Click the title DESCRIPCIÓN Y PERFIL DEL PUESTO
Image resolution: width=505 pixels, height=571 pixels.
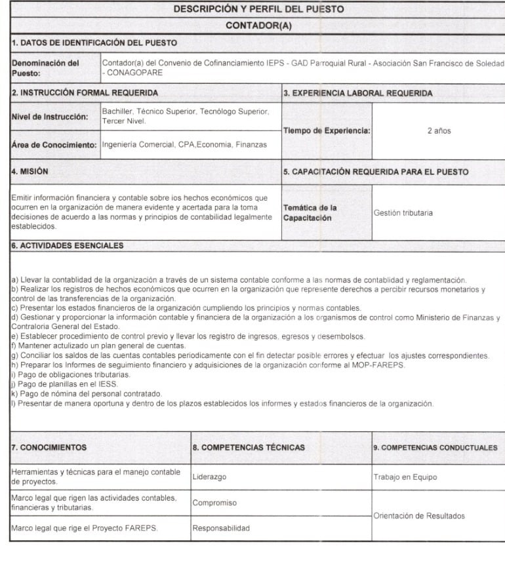tap(258, 10)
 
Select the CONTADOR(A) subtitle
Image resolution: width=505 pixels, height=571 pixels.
tap(258, 26)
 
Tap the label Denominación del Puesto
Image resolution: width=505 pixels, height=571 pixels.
tap(45, 68)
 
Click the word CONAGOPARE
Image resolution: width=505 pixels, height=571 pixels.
tap(133, 73)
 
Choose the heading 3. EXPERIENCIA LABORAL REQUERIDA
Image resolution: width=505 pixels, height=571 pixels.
tap(357, 94)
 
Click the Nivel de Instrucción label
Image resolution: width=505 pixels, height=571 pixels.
tap(51, 117)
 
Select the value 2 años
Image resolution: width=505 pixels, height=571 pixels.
tap(438, 131)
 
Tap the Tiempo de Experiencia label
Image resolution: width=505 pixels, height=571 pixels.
tap(327, 131)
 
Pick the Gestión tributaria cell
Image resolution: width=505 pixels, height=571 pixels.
tap(403, 213)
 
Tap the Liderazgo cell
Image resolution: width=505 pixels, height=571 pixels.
tap(209, 477)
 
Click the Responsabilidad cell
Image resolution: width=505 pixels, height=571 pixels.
tap(220, 528)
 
